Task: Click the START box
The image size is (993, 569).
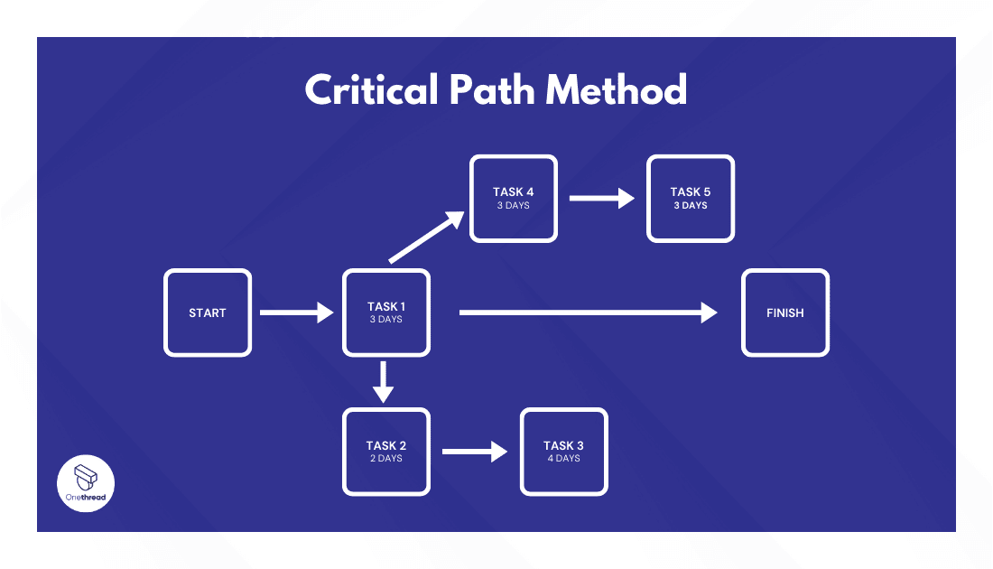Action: [x=208, y=312]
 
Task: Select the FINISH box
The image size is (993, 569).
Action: [x=785, y=312]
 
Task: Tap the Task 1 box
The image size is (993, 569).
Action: [x=386, y=312]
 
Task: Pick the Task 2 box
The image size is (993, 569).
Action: [x=386, y=452]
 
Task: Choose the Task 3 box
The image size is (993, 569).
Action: [x=563, y=452]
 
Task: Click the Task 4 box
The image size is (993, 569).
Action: [x=513, y=198]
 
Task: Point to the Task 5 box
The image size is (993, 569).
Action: [x=690, y=198]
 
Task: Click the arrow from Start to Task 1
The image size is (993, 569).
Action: [x=296, y=312]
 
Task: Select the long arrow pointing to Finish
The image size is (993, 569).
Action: [x=588, y=312]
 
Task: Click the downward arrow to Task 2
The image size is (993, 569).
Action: [x=385, y=381]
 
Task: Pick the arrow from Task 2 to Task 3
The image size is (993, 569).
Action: [x=475, y=452]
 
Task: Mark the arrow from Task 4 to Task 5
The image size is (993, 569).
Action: [x=602, y=198]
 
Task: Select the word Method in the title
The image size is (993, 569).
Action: [x=617, y=90]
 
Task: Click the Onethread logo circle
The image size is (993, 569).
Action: [x=86, y=483]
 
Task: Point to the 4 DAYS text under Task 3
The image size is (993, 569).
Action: [x=563, y=459]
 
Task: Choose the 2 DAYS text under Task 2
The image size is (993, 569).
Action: [x=386, y=459]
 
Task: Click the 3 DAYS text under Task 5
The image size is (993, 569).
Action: [x=690, y=206]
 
